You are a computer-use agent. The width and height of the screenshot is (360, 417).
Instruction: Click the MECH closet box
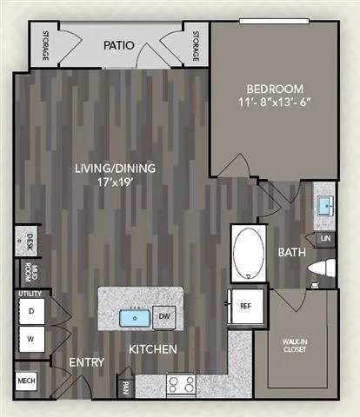[24, 381]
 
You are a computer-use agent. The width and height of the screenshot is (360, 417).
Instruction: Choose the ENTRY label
[87, 361]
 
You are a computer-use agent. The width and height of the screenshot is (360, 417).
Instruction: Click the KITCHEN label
[154, 349]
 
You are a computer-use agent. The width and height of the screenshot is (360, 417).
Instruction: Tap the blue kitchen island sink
[136, 318]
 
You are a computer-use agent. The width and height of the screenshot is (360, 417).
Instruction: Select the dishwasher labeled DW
[163, 318]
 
